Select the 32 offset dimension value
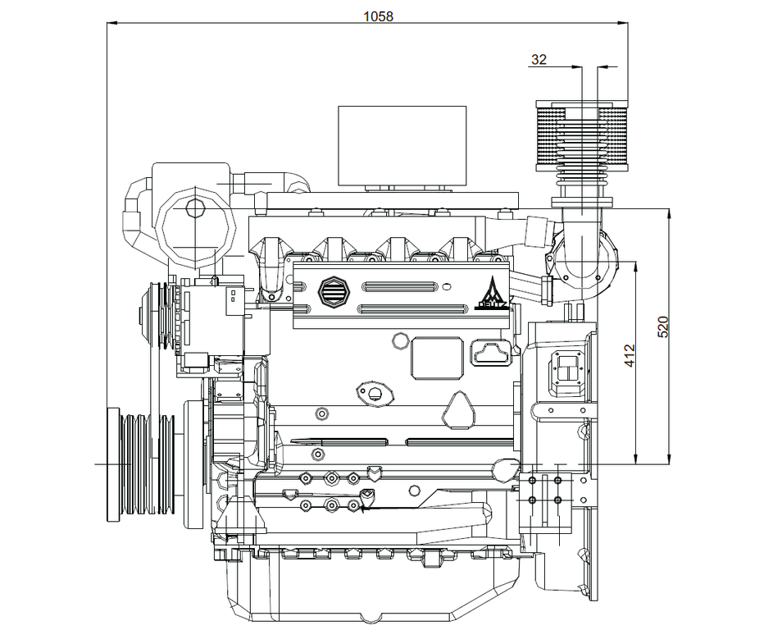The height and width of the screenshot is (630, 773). click(x=539, y=60)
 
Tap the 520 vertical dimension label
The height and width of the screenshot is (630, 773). click(x=664, y=326)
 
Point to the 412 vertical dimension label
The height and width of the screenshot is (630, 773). click(x=630, y=355)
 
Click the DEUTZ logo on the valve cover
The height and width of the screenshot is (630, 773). click(x=492, y=295)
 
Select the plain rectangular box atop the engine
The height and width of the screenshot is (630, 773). click(x=402, y=146)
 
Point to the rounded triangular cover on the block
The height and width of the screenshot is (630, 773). click(x=462, y=409)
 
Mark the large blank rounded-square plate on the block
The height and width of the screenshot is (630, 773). click(x=435, y=358)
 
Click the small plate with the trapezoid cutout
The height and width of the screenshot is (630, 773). click(x=489, y=354)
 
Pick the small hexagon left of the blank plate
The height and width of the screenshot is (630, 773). click(x=401, y=339)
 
